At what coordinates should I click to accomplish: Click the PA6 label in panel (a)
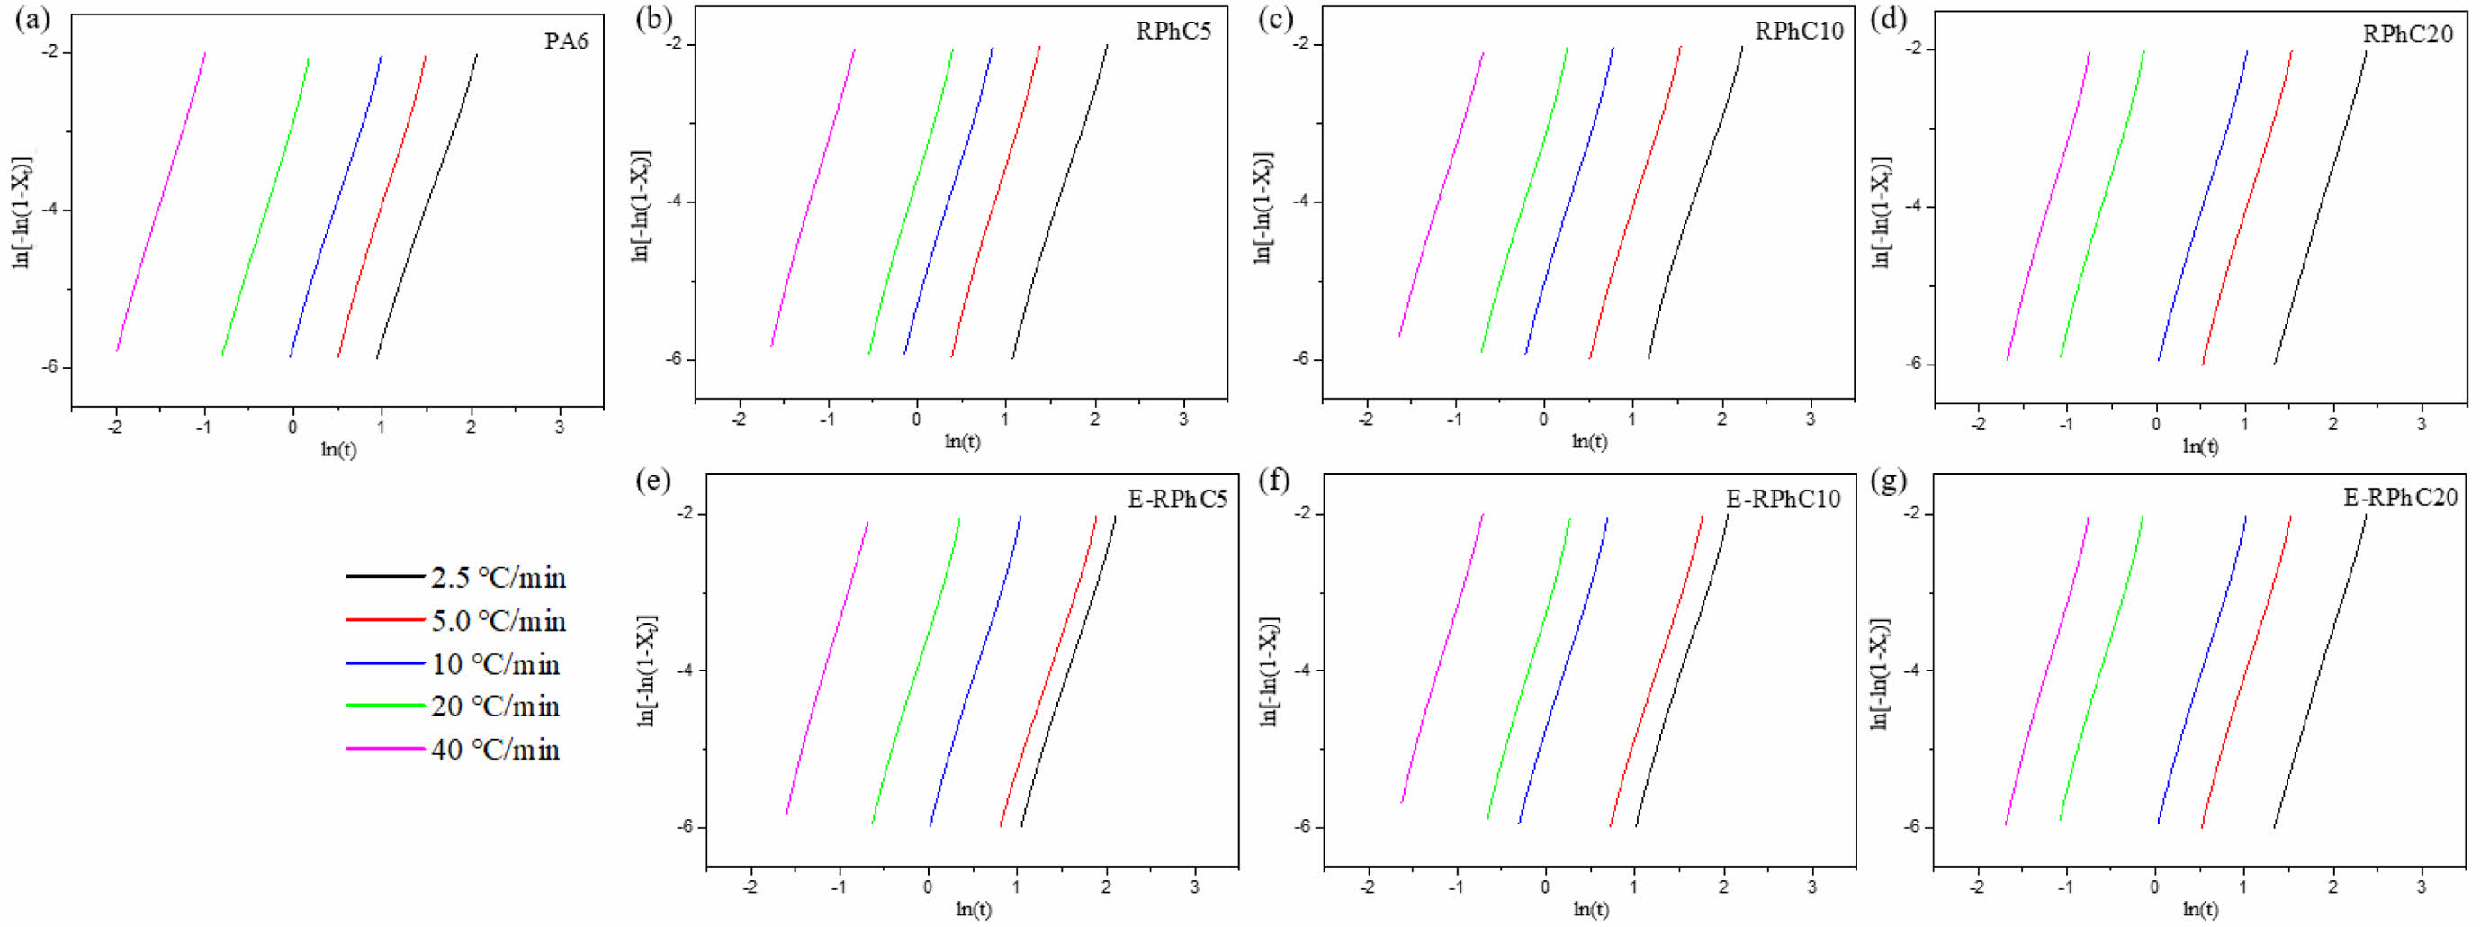(x=565, y=41)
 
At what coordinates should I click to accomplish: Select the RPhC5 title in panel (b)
(x=1173, y=31)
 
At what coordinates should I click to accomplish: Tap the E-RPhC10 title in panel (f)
(x=1783, y=499)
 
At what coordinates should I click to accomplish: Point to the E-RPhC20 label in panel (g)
(x=2400, y=497)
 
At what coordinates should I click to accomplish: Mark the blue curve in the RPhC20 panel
(x=2203, y=206)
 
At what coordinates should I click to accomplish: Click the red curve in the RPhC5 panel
(x=995, y=202)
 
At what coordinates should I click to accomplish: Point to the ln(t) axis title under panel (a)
(x=338, y=449)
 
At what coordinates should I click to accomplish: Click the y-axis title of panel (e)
(x=648, y=670)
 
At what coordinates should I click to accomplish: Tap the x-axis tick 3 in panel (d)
(x=2422, y=424)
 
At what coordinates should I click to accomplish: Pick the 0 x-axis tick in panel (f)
(x=1545, y=886)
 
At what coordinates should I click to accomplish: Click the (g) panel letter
(x=1887, y=480)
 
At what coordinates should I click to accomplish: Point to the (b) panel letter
(x=653, y=18)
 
